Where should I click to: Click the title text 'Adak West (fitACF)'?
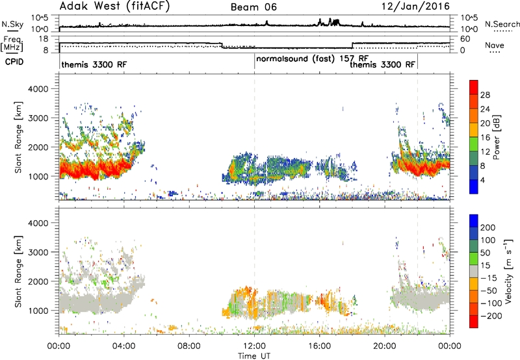(x=114, y=6)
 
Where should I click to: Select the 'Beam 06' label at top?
(x=253, y=7)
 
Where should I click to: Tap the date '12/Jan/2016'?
(x=415, y=6)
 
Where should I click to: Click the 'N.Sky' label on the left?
(x=12, y=24)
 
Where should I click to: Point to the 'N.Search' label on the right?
(x=502, y=24)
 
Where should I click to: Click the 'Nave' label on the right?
(x=495, y=45)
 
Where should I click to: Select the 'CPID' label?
(x=14, y=62)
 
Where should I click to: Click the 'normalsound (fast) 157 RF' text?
(x=313, y=59)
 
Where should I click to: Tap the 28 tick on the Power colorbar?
(x=485, y=95)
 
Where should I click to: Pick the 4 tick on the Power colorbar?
(x=482, y=180)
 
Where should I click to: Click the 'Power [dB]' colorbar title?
(x=496, y=137)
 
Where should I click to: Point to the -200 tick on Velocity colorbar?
(x=489, y=316)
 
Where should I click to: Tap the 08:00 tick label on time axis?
(x=189, y=346)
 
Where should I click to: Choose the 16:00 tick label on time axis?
(x=320, y=346)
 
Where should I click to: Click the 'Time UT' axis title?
(x=254, y=356)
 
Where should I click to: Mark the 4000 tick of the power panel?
(x=38, y=89)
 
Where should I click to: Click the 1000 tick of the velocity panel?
(x=38, y=311)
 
